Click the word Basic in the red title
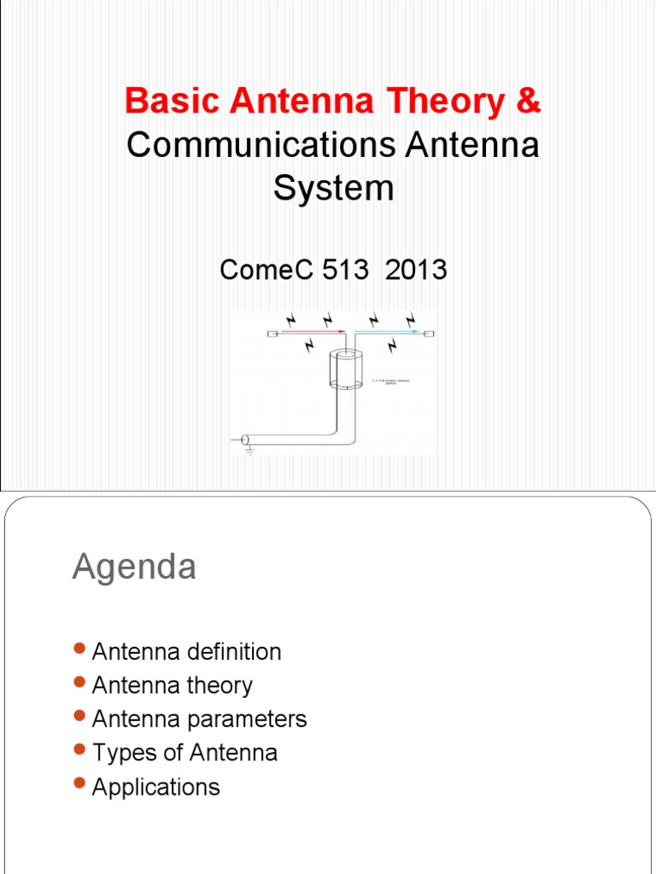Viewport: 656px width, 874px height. click(162, 102)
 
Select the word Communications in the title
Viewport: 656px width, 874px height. click(261, 145)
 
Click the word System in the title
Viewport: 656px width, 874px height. click(333, 189)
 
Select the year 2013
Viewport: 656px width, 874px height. click(416, 270)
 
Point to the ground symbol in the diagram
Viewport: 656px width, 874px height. click(249, 449)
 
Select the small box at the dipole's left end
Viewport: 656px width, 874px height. click(272, 333)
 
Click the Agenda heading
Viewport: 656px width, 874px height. click(134, 567)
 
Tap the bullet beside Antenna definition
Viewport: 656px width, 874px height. click(80, 650)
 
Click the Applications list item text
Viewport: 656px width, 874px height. click(155, 786)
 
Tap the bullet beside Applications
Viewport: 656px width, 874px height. click(80, 784)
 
